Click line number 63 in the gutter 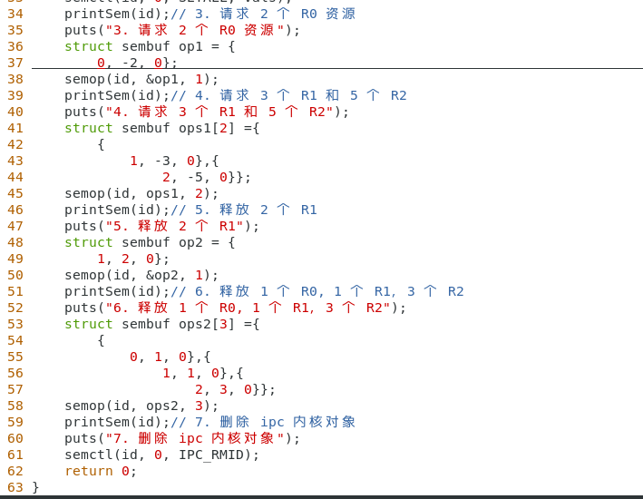point(15,487)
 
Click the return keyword point(89,471)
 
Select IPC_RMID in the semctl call point(216,455)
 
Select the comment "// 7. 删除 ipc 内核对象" point(263,422)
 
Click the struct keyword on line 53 point(89,324)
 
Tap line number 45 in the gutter point(15,193)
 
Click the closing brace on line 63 point(36,487)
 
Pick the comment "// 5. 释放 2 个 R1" point(244,210)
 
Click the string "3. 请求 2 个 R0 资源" point(195,30)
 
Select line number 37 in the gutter point(15,63)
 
